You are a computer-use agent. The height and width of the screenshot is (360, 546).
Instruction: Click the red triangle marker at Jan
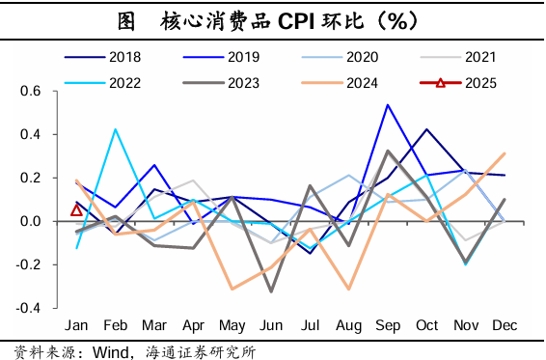[77, 209]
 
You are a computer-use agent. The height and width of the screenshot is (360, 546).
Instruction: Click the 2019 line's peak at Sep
[388, 104]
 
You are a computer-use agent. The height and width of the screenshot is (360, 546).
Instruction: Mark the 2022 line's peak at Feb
[116, 128]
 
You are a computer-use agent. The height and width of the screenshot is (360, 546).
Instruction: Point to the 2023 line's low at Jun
[271, 291]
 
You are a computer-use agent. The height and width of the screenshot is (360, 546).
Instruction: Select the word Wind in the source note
[110, 349]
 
